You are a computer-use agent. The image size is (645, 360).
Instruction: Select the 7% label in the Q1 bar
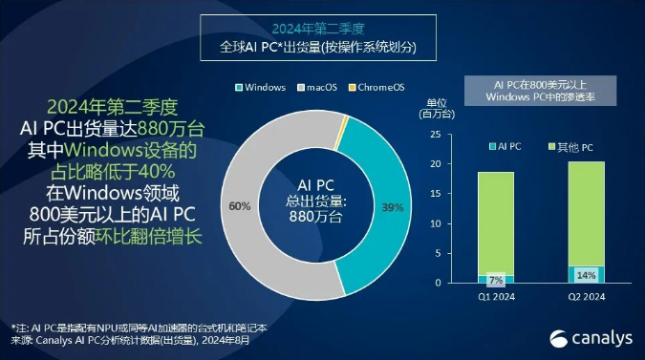[x=495, y=280]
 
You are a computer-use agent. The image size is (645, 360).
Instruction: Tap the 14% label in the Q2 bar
[x=585, y=275]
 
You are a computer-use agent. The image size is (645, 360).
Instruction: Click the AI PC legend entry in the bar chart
[x=506, y=147]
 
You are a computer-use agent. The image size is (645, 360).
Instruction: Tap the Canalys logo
[x=584, y=336]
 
